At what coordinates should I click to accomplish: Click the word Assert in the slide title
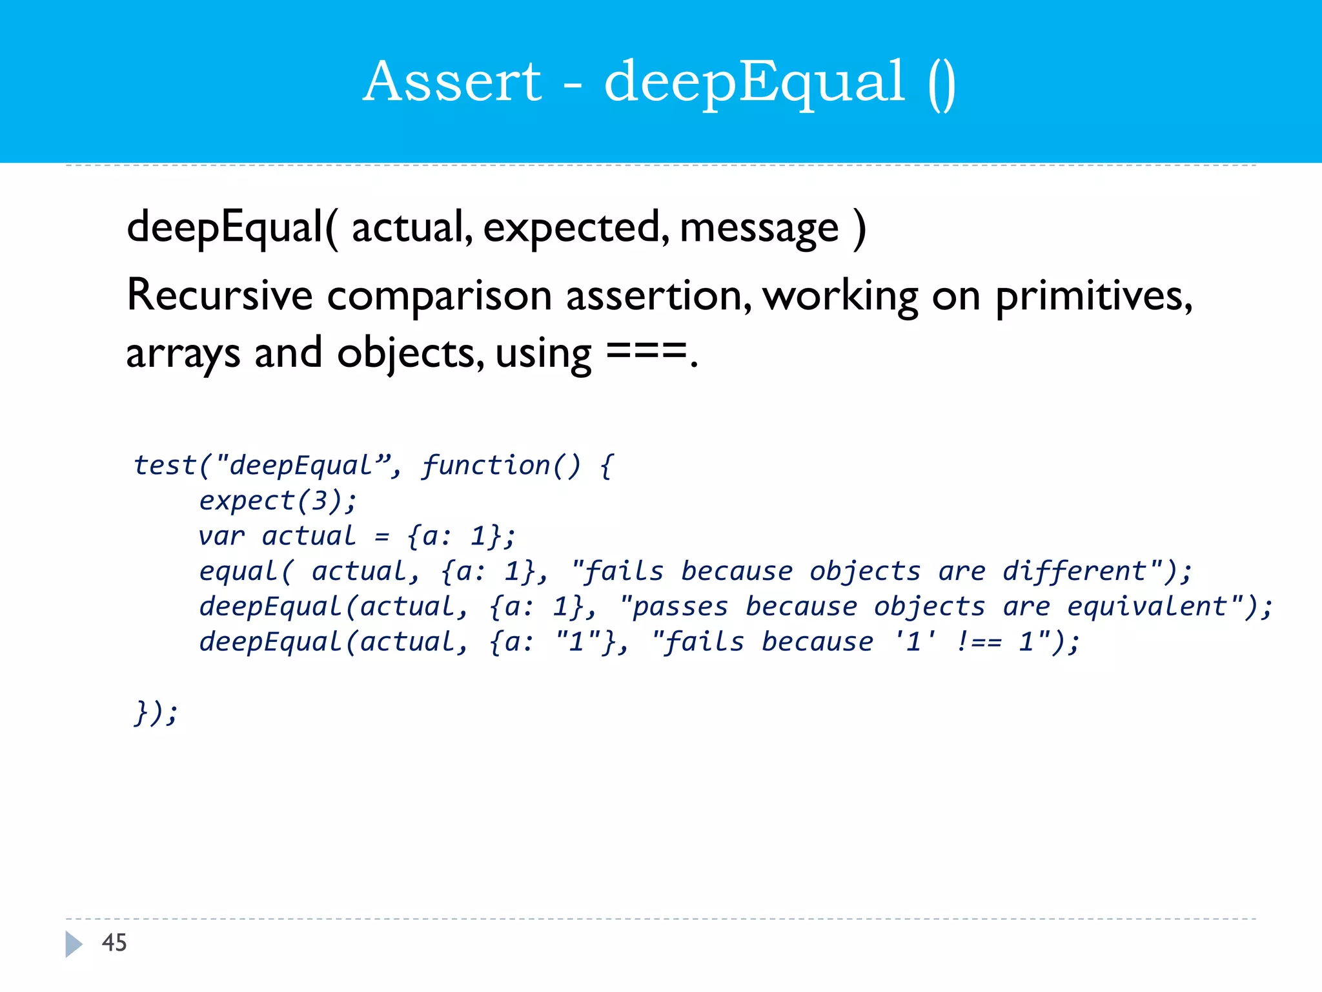tap(452, 82)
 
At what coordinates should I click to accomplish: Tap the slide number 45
tap(114, 943)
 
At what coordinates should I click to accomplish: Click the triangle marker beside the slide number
tap(74, 944)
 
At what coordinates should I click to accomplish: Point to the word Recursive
tap(219, 295)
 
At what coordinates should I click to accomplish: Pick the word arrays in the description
tap(183, 355)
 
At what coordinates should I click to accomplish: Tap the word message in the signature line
tap(759, 229)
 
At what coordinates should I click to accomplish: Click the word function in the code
tap(485, 466)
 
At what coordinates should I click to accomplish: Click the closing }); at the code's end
tap(156, 713)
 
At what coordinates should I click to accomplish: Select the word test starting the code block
tap(165, 466)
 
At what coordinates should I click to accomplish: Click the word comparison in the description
tap(439, 296)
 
